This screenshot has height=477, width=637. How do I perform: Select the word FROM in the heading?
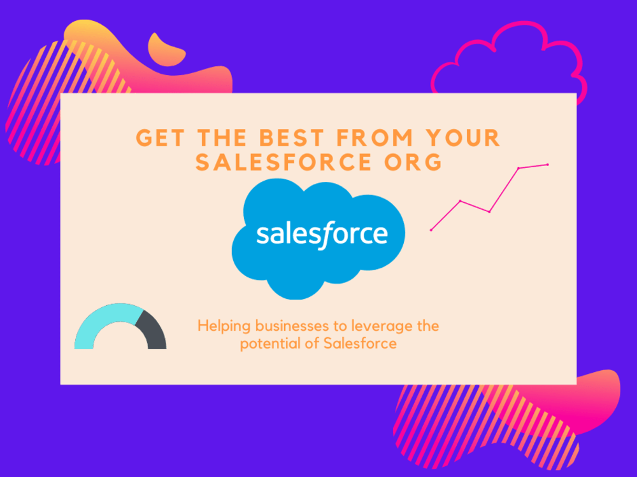pos(375,138)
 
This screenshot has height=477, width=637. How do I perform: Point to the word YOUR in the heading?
pos(462,138)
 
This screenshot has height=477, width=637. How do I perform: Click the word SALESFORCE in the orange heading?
pos(283,162)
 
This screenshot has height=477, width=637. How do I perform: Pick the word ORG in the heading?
pos(413,162)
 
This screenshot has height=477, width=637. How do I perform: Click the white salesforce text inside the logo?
pos(322,235)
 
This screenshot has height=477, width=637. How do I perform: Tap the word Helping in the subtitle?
pos(223,326)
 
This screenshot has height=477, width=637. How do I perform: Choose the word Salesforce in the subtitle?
pos(360,343)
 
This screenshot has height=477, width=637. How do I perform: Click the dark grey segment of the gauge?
pos(153,331)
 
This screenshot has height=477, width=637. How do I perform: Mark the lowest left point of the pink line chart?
pos(431,230)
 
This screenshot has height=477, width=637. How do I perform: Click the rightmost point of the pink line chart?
pos(548,164)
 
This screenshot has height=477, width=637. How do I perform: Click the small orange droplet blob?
pos(166,50)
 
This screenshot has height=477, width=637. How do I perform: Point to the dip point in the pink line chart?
pos(489,212)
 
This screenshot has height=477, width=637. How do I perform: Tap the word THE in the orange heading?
pos(222,138)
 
